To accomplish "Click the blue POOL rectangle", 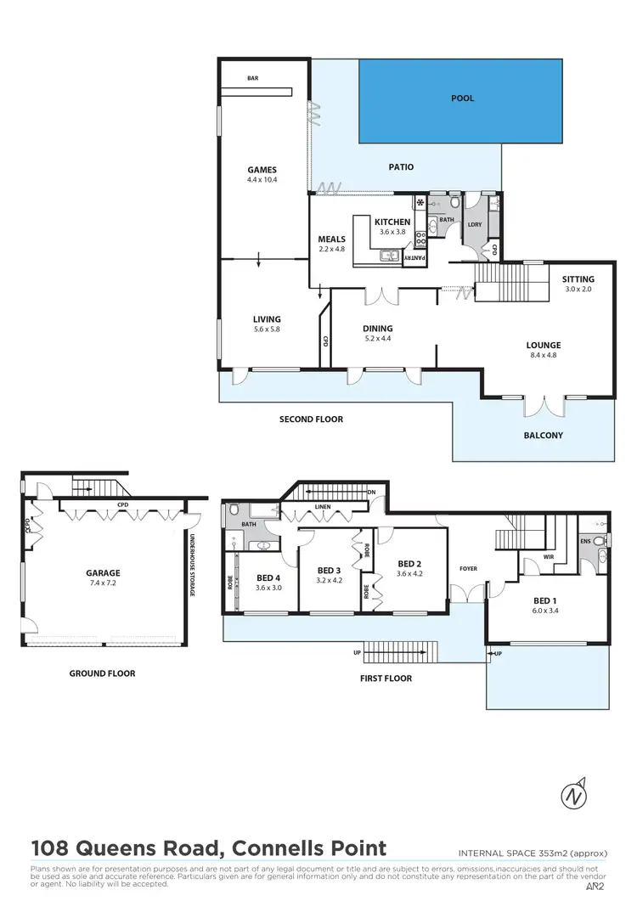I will (x=461, y=100).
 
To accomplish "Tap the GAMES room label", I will (x=262, y=170).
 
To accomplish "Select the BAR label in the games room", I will (x=252, y=78).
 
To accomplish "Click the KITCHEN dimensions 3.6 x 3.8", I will (x=392, y=232).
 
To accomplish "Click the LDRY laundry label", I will (x=474, y=224).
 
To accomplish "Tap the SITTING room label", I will (x=578, y=279).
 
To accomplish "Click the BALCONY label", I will (x=544, y=436).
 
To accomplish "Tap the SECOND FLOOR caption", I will (x=312, y=420).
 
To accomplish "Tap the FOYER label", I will (x=468, y=569).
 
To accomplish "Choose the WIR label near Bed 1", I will (x=549, y=558).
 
